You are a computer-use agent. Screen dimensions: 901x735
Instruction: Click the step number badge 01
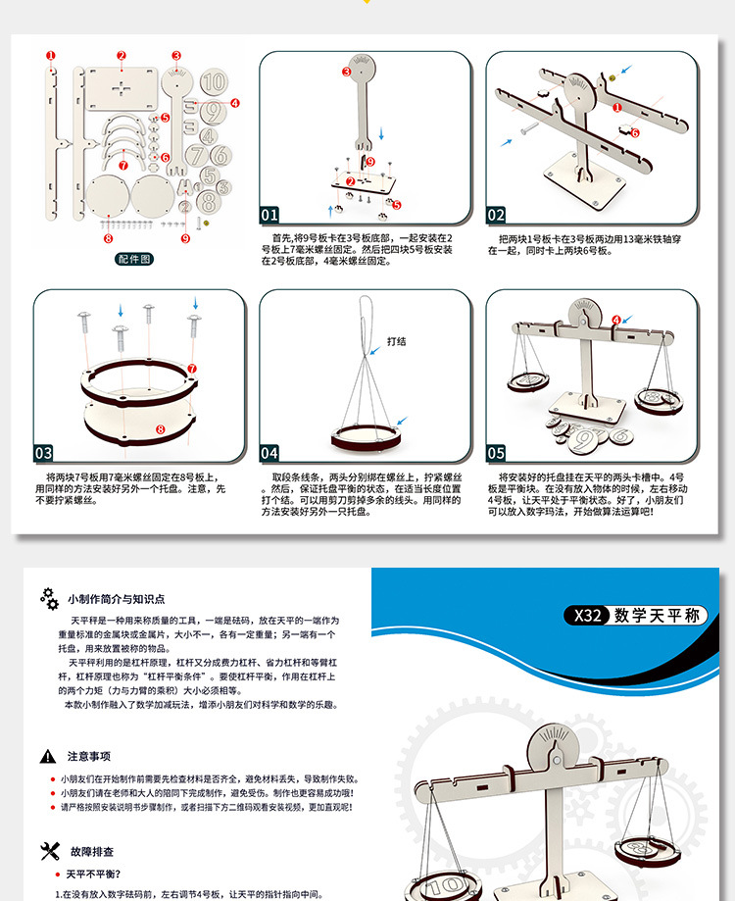click(269, 215)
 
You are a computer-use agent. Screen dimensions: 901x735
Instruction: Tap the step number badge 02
click(497, 215)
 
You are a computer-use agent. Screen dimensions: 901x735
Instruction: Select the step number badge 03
click(44, 453)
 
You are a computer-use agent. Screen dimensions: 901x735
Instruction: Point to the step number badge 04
click(269, 453)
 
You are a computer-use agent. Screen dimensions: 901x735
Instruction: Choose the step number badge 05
click(497, 453)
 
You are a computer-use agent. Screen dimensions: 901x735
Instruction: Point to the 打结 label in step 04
click(397, 341)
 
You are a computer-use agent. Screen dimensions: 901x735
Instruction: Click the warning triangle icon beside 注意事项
click(47, 756)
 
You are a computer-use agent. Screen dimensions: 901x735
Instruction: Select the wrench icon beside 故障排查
click(49, 850)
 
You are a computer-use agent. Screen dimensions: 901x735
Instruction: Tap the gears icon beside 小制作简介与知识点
click(49, 598)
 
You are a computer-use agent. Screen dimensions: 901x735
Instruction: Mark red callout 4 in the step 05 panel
click(616, 320)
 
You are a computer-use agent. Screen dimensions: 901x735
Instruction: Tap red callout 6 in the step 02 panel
click(634, 132)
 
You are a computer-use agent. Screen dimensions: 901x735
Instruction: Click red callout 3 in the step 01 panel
click(347, 72)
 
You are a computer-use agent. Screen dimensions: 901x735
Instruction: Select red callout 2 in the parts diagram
click(122, 56)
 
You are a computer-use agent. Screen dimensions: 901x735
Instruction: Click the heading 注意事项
click(88, 756)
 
